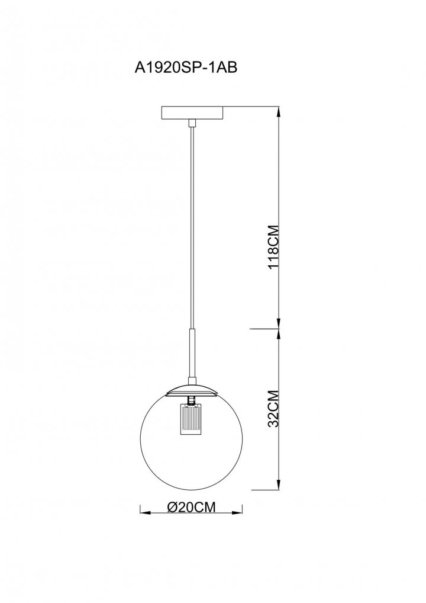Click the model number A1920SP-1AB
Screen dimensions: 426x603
(x=186, y=68)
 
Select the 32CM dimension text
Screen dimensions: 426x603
(x=273, y=409)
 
